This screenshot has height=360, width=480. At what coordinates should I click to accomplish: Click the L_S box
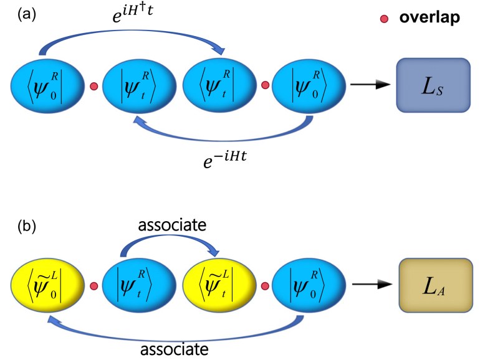click(433, 85)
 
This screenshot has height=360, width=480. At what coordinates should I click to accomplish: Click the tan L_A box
click(436, 285)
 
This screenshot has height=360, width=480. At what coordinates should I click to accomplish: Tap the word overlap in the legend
click(430, 17)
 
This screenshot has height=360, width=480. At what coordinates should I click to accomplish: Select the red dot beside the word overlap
click(384, 19)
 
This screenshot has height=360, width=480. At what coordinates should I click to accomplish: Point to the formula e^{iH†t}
click(133, 14)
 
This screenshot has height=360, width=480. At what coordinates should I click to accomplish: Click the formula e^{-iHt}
click(225, 159)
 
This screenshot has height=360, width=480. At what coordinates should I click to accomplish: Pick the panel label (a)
click(27, 14)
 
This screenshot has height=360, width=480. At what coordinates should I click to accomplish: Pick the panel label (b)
click(27, 226)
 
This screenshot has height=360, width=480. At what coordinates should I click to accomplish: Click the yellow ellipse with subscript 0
click(47, 285)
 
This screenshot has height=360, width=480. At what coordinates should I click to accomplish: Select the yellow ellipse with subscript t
click(219, 285)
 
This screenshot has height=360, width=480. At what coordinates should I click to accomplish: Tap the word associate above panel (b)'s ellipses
click(172, 225)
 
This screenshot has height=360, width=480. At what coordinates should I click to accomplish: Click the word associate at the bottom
click(174, 349)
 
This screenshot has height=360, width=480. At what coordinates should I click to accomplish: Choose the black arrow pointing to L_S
click(370, 84)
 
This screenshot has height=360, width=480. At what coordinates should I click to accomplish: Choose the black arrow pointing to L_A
click(372, 285)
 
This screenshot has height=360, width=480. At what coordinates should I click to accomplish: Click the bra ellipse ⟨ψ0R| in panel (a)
click(47, 86)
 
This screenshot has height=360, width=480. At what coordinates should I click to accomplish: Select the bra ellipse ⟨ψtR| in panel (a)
click(219, 86)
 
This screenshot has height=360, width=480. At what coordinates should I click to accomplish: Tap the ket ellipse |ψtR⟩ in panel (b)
click(139, 285)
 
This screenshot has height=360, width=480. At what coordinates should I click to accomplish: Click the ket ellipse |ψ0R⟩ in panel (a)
click(309, 86)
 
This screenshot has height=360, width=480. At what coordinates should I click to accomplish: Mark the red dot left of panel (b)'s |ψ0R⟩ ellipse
click(265, 287)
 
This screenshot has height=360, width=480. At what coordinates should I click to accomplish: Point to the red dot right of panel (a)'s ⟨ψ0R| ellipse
click(94, 86)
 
